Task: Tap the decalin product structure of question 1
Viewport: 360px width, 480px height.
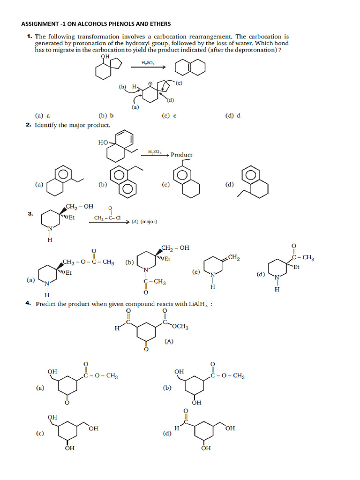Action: point(190,68)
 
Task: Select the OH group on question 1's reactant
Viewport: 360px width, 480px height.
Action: point(105,57)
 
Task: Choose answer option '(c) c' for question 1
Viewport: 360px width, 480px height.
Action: point(169,115)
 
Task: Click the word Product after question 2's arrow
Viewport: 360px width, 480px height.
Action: point(181,155)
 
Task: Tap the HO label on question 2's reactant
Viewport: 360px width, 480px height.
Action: point(103,142)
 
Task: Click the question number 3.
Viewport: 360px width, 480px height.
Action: point(30,214)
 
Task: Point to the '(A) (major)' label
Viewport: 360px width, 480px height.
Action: point(144,221)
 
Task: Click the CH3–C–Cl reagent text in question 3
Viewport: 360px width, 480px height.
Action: point(107,218)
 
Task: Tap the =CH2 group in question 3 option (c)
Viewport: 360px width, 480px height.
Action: point(234,258)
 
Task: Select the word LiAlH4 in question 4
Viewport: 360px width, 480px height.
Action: point(200,304)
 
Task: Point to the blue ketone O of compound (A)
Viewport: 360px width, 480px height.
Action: point(146,350)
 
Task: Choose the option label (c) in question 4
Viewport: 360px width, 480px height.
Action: point(40,434)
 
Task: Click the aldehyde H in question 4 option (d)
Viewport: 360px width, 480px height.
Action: point(177,428)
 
